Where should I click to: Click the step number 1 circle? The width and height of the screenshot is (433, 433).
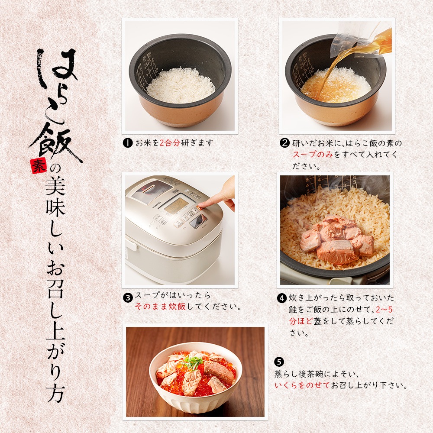point(128,143)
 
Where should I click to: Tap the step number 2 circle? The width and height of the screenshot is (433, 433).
point(284,143)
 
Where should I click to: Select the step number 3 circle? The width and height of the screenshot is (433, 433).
point(128,298)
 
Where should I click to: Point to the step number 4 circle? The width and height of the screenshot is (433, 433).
point(282,298)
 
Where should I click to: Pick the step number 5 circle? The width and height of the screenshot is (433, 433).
point(279,362)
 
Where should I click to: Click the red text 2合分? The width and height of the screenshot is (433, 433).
point(170,143)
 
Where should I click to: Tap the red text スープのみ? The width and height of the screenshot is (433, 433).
point(313,155)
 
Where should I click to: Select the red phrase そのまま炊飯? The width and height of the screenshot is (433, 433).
point(161,307)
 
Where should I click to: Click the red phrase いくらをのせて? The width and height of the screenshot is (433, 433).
point(302,385)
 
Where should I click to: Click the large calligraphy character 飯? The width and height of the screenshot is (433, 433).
point(54,142)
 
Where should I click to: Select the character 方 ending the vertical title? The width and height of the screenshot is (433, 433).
point(55,392)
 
